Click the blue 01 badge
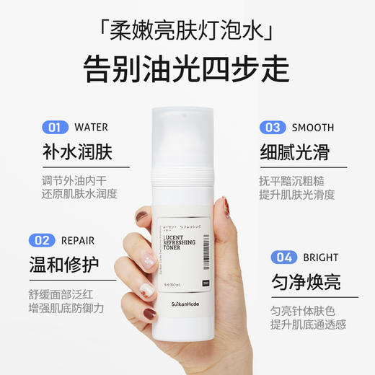(x=54, y=128)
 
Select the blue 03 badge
(x=273, y=128)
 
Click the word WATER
(x=91, y=128)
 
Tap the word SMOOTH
(x=313, y=128)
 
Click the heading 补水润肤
(x=79, y=152)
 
